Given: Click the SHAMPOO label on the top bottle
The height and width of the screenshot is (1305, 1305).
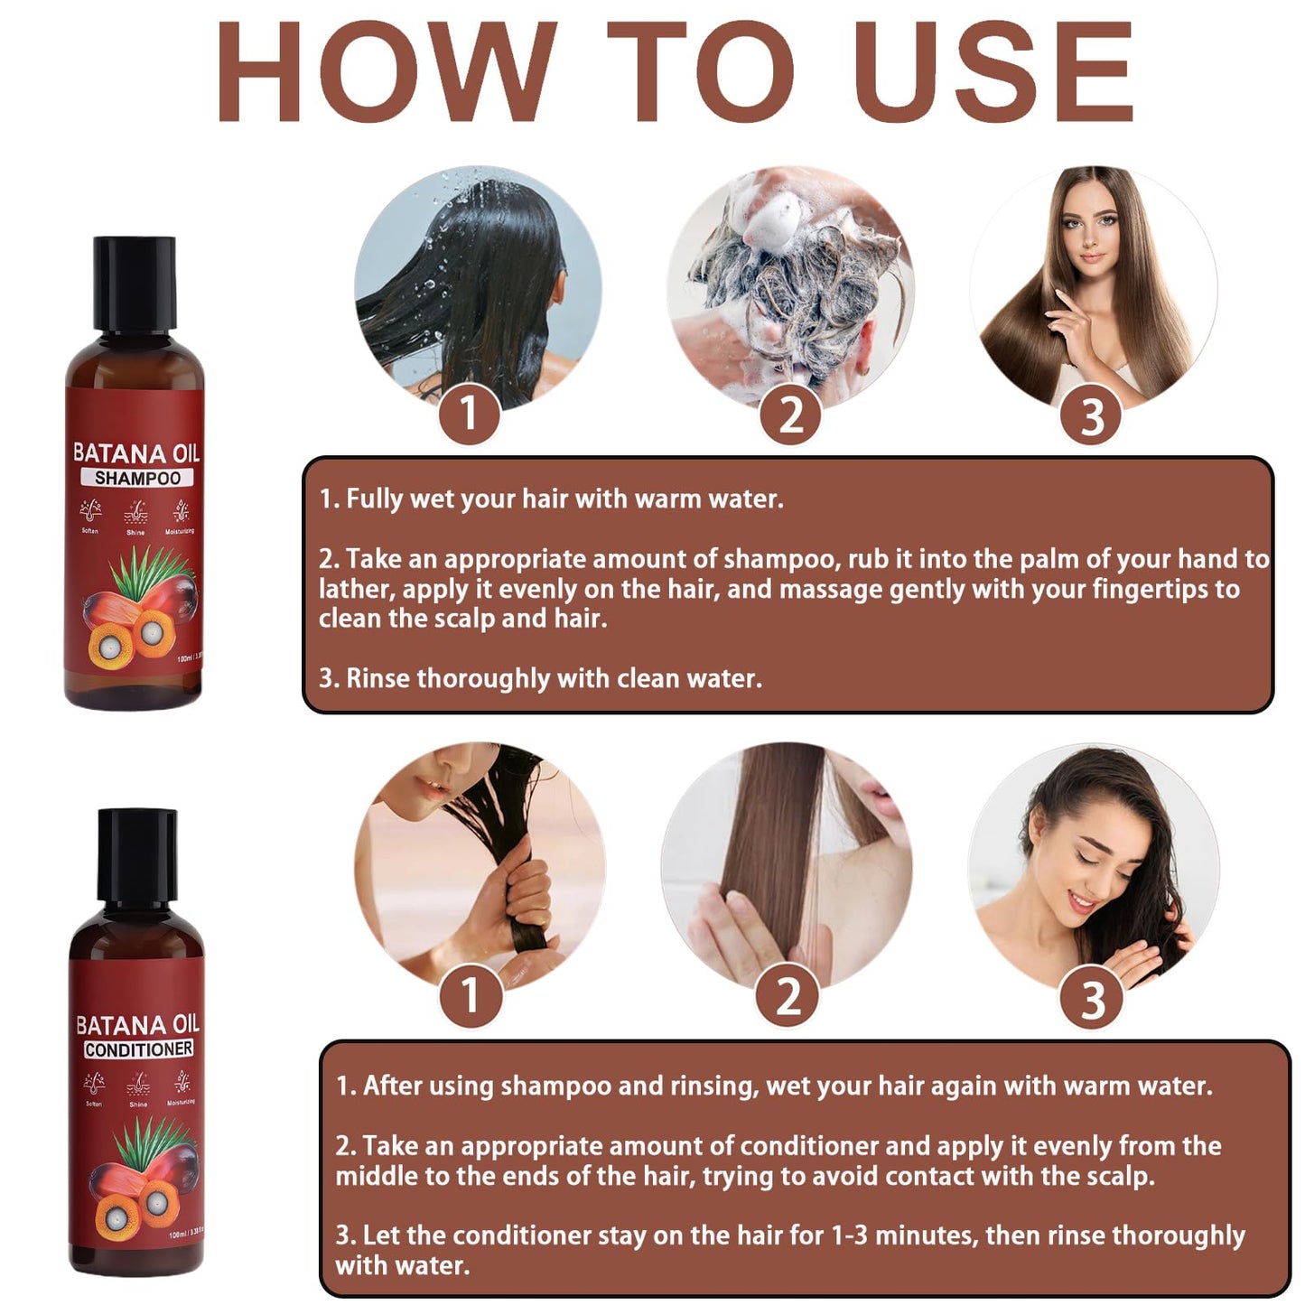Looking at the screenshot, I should [137, 478].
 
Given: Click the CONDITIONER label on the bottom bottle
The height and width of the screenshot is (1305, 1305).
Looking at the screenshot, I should [138, 1049].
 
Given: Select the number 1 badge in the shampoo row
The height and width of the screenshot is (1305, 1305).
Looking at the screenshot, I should [469, 415].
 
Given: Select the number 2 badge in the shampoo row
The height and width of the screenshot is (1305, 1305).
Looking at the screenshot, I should [790, 415].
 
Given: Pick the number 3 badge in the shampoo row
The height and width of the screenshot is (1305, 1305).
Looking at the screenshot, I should [1092, 416].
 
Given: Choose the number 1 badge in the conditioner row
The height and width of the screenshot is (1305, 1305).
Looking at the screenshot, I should [470, 996].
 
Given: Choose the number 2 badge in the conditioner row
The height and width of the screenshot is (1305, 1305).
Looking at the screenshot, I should [788, 996].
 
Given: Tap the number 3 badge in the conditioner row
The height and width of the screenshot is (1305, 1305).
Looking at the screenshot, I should [1093, 1000].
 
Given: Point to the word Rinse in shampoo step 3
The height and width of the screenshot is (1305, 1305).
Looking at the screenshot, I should [378, 678].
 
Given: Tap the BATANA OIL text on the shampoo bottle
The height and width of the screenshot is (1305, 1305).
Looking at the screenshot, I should [135, 452].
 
